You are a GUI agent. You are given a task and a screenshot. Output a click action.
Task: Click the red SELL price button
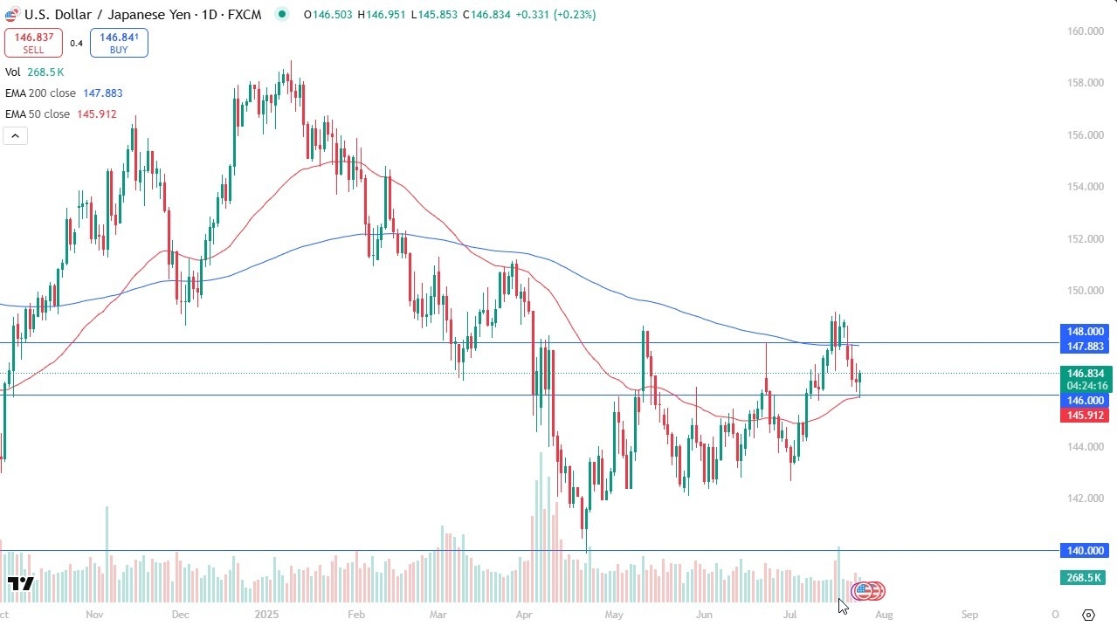(x=33, y=43)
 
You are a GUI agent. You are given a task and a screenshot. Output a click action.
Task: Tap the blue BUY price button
(x=119, y=43)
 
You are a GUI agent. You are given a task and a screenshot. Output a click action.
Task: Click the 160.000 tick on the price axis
(x=1080, y=31)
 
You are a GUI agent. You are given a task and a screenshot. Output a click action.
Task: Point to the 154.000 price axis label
(x=1080, y=187)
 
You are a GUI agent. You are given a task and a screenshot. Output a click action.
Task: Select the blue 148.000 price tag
(x=1084, y=332)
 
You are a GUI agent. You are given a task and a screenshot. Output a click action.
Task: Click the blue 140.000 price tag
(x=1084, y=551)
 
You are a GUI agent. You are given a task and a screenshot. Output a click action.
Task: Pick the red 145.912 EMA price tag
(x=1084, y=416)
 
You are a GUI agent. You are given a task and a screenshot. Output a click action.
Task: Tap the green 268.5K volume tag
(x=1084, y=578)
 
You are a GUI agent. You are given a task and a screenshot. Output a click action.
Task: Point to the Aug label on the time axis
(x=884, y=615)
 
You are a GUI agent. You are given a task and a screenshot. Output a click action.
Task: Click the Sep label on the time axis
(x=969, y=615)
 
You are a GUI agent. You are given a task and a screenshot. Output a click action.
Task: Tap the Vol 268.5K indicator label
(x=35, y=72)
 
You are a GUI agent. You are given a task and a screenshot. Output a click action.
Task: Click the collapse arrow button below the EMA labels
(x=15, y=135)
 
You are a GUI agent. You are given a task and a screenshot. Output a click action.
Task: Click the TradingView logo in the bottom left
(x=20, y=583)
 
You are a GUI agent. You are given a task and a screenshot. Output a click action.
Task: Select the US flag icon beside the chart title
(x=12, y=14)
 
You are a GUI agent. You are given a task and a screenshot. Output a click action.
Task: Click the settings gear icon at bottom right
(x=1088, y=616)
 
